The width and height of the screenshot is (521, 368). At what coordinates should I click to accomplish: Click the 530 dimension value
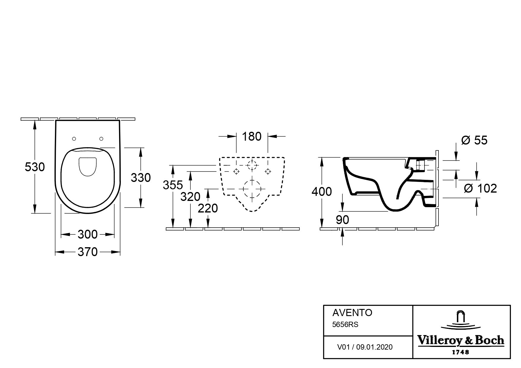click(35, 167)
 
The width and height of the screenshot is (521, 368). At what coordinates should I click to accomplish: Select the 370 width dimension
click(88, 252)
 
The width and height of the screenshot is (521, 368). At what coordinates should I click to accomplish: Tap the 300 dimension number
click(88, 234)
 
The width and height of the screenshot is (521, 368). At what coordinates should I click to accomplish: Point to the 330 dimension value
click(141, 178)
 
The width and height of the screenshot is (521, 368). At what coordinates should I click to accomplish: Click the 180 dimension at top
click(252, 137)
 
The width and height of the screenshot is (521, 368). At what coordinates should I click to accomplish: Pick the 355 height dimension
click(173, 185)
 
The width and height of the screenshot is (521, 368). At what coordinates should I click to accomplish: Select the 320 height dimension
click(190, 196)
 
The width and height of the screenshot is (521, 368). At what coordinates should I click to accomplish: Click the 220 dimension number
click(208, 208)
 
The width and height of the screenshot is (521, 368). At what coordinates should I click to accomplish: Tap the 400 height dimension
click(322, 192)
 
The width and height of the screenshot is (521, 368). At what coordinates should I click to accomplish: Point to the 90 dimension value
click(343, 220)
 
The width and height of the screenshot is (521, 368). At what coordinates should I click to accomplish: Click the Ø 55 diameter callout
click(474, 140)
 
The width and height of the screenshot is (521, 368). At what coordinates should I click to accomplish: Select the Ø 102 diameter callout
click(480, 188)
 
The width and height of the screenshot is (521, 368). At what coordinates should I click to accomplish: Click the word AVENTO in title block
click(352, 313)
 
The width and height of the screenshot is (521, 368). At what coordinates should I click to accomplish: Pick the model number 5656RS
click(345, 325)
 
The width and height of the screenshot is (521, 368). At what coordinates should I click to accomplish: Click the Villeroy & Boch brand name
click(461, 340)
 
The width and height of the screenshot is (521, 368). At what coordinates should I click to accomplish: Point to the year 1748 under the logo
click(460, 352)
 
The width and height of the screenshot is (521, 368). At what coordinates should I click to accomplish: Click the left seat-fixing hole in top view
click(74, 139)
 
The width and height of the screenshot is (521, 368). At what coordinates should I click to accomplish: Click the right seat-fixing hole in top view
click(101, 139)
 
